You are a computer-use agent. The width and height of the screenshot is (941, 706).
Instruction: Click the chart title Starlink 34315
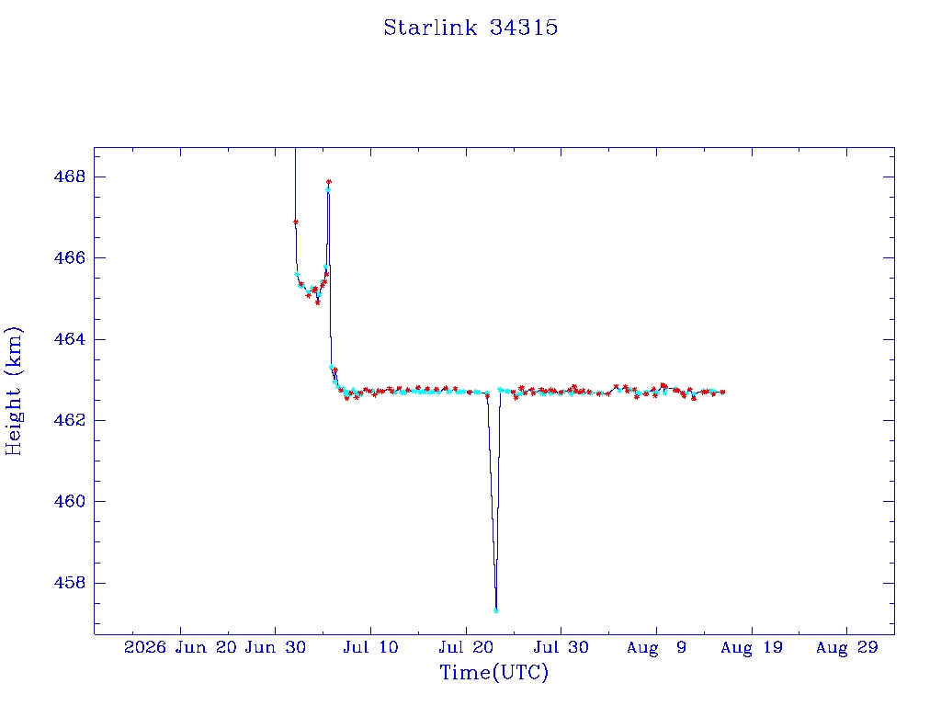pos(470,28)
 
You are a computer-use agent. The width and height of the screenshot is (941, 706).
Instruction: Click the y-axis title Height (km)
pos(13,391)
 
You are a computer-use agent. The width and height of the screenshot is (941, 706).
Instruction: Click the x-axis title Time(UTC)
pos(493,672)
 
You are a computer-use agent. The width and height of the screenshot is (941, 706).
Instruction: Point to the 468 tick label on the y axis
pos(70,177)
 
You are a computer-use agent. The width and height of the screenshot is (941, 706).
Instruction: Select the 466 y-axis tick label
pos(70,258)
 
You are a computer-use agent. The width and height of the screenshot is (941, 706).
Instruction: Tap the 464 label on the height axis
pos(70,339)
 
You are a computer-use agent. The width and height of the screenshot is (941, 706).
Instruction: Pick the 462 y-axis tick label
pos(70,420)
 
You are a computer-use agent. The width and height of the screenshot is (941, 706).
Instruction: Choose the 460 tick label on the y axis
pos(70,501)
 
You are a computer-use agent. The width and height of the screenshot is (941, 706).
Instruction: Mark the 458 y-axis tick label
pos(70,582)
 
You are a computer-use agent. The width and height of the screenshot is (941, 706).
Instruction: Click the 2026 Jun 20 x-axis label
pos(179,647)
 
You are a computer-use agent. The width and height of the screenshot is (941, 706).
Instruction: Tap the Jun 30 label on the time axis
pos(275,647)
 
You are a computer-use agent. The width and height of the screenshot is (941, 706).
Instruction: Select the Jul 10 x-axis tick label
pos(370,647)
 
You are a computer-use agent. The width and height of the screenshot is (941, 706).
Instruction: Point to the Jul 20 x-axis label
pos(466,647)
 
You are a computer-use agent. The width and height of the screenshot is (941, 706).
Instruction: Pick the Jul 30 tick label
pos(561,647)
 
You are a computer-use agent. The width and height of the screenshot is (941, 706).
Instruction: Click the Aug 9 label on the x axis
pos(656,647)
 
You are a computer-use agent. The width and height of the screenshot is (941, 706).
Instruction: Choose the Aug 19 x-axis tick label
pos(752,647)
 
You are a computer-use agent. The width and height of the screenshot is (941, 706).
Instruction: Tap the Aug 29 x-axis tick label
pos(846,647)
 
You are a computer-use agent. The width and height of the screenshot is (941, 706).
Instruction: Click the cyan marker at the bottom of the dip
pos(495,610)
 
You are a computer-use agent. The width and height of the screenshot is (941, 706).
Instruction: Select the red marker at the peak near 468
pos(329,181)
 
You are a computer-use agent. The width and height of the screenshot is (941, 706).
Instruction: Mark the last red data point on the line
pos(722,392)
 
